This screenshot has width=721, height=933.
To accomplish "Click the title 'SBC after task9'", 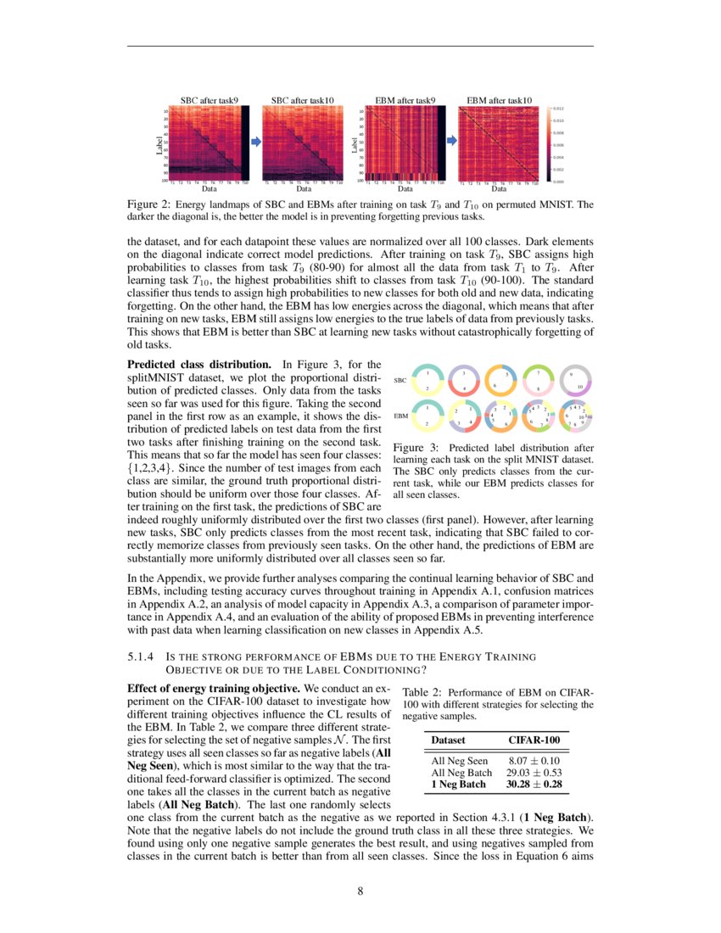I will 209,100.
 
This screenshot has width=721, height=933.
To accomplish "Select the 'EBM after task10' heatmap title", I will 500,100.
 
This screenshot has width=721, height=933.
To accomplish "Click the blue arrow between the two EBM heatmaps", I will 450,142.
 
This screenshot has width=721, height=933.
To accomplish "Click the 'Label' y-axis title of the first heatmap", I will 159,144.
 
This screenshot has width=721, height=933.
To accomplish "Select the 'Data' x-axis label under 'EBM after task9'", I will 405,189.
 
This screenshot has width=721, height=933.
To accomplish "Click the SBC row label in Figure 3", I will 401,380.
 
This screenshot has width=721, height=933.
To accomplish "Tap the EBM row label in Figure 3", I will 401,416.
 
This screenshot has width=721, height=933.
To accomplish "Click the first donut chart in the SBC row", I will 428,381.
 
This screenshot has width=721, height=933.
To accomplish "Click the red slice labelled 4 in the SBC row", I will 465,388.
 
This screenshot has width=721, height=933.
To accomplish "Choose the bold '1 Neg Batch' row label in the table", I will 459,785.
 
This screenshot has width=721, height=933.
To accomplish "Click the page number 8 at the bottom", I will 360,891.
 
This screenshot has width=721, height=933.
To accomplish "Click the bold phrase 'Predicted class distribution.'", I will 198,364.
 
